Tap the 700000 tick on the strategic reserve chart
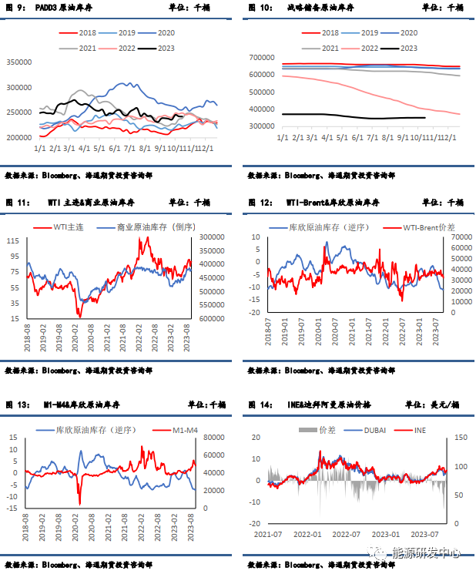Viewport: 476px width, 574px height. coord(263,58)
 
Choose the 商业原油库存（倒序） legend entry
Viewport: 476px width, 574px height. coord(154,227)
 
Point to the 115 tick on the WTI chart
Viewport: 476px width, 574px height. coord(14,241)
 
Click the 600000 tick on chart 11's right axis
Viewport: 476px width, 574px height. coord(211,318)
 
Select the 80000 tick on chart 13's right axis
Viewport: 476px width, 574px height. coord(210,439)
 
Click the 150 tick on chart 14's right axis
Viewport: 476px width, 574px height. coord(461,438)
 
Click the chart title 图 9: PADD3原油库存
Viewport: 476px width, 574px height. coord(40,7)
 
